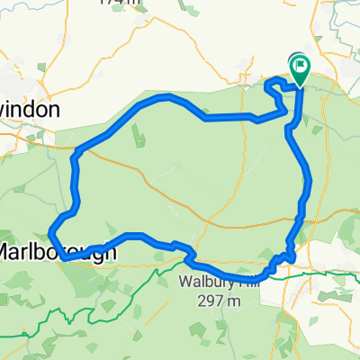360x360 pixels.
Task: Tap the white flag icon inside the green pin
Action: (299, 64)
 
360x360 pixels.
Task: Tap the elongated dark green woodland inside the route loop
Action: (138, 137)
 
